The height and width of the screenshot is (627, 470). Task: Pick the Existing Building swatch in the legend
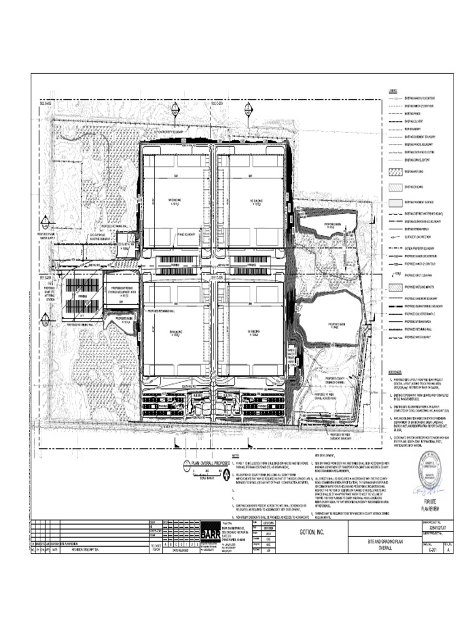(x=394, y=187)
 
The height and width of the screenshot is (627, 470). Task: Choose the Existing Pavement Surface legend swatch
(x=394, y=201)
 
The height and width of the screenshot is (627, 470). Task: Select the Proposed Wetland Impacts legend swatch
(x=394, y=287)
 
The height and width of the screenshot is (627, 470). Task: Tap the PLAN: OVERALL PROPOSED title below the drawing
(x=211, y=464)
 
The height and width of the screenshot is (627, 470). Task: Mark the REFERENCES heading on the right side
(x=395, y=372)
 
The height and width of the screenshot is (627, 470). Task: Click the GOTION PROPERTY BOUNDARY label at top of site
(x=169, y=132)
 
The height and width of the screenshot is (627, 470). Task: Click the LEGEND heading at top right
(x=392, y=91)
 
